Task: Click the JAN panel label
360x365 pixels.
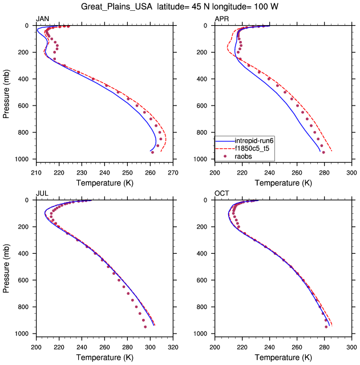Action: coord(42,19)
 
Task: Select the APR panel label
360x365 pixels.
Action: coord(222,19)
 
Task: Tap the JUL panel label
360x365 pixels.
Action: coord(42,193)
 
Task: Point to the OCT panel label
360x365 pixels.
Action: coord(222,193)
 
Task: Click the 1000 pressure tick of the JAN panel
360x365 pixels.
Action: coord(24,159)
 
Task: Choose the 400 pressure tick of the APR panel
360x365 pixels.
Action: coord(205,79)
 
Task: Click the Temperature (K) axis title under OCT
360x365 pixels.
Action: coord(283,356)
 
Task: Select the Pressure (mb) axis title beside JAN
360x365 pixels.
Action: coord(6,92)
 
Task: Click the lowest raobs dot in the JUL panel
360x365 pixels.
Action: coord(145,327)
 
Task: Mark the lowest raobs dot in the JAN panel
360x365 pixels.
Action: coord(153,152)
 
